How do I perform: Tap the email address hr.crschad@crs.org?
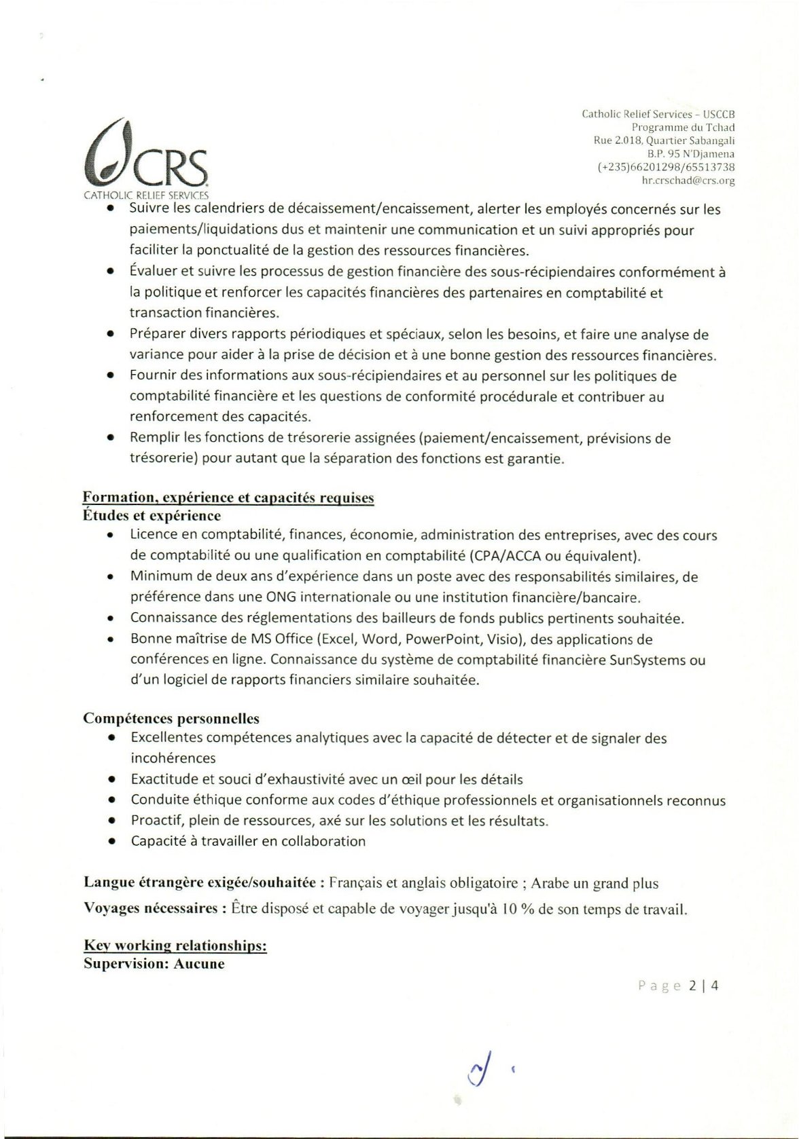point(688,181)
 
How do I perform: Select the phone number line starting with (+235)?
point(666,167)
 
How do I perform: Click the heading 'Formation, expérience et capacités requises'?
point(228,498)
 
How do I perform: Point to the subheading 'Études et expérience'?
point(152,516)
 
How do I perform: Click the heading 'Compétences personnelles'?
point(171,718)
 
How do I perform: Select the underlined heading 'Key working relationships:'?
point(175,945)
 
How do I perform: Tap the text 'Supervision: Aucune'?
point(154,964)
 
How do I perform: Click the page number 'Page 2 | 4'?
point(677,986)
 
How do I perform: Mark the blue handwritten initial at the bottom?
point(480,1070)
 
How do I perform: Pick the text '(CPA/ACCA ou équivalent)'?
point(554,556)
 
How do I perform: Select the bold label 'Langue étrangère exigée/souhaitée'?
point(200,882)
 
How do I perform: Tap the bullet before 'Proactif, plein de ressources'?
point(111,821)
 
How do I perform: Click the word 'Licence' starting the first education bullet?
point(154,535)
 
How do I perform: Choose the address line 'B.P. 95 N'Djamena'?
point(690,154)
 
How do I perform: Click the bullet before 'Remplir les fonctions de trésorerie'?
point(111,438)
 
